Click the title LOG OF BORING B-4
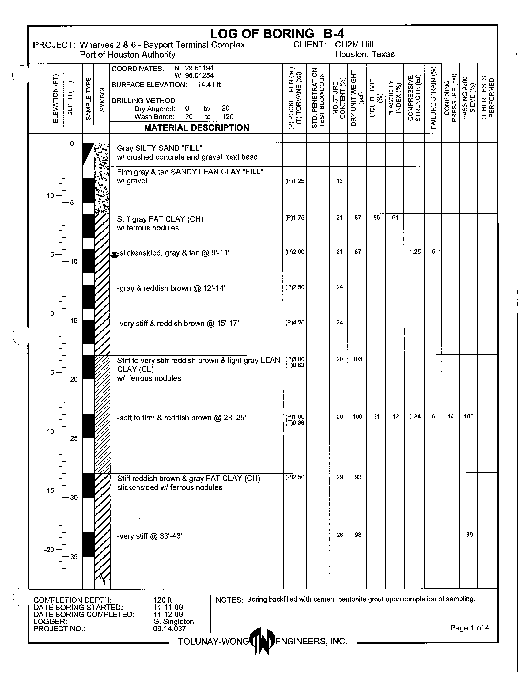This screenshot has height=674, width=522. [277, 33]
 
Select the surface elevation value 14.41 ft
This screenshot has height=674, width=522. [209, 85]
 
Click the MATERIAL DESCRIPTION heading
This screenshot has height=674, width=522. [196, 128]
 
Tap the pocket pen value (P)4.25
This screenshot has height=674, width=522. [295, 323]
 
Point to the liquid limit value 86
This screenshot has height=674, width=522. [376, 218]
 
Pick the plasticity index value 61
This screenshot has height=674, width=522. [395, 218]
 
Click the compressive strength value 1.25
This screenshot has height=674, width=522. [415, 252]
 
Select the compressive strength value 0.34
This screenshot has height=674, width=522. [415, 417]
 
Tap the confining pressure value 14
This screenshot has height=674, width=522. [451, 417]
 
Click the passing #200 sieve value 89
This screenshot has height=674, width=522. [469, 535]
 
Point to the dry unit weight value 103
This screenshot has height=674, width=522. [357, 359]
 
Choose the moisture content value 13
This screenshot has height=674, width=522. [339, 181]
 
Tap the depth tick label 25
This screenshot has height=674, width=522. [74, 438]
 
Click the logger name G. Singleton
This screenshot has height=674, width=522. [173, 622]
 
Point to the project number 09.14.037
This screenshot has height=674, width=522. [169, 629]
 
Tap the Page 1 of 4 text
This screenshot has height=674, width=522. [469, 628]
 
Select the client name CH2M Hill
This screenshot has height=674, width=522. [354, 45]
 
